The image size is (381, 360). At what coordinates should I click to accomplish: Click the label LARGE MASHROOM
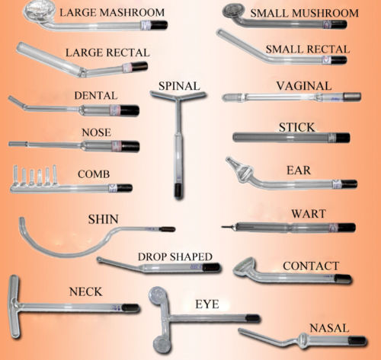click(112, 12)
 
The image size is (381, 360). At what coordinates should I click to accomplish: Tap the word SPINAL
click(179, 86)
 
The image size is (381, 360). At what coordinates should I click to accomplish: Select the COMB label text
click(94, 174)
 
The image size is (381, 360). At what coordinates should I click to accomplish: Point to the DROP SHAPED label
click(175, 256)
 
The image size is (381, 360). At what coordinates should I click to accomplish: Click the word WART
click(309, 214)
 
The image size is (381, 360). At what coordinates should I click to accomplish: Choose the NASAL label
click(329, 328)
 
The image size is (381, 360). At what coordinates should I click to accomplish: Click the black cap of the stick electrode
click(343, 138)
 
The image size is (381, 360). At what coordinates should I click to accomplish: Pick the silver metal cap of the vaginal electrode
click(352, 97)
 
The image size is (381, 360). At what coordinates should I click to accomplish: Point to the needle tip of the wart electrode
click(223, 227)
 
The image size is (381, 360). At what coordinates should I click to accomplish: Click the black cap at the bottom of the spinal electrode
click(178, 191)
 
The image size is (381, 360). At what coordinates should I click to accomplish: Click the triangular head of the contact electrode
click(245, 268)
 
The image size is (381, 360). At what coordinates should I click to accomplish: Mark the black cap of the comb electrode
click(124, 188)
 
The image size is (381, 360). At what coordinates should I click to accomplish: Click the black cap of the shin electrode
click(167, 229)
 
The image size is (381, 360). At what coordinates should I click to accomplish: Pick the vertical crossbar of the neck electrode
click(14, 307)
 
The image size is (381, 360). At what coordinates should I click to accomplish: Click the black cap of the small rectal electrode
click(339, 60)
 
